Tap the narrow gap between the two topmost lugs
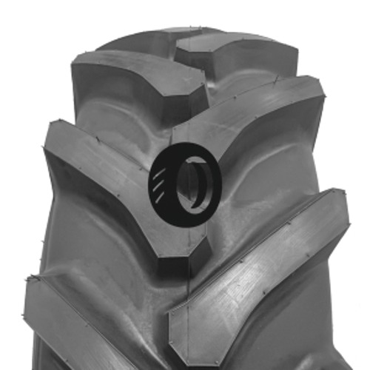coord(178,48)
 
